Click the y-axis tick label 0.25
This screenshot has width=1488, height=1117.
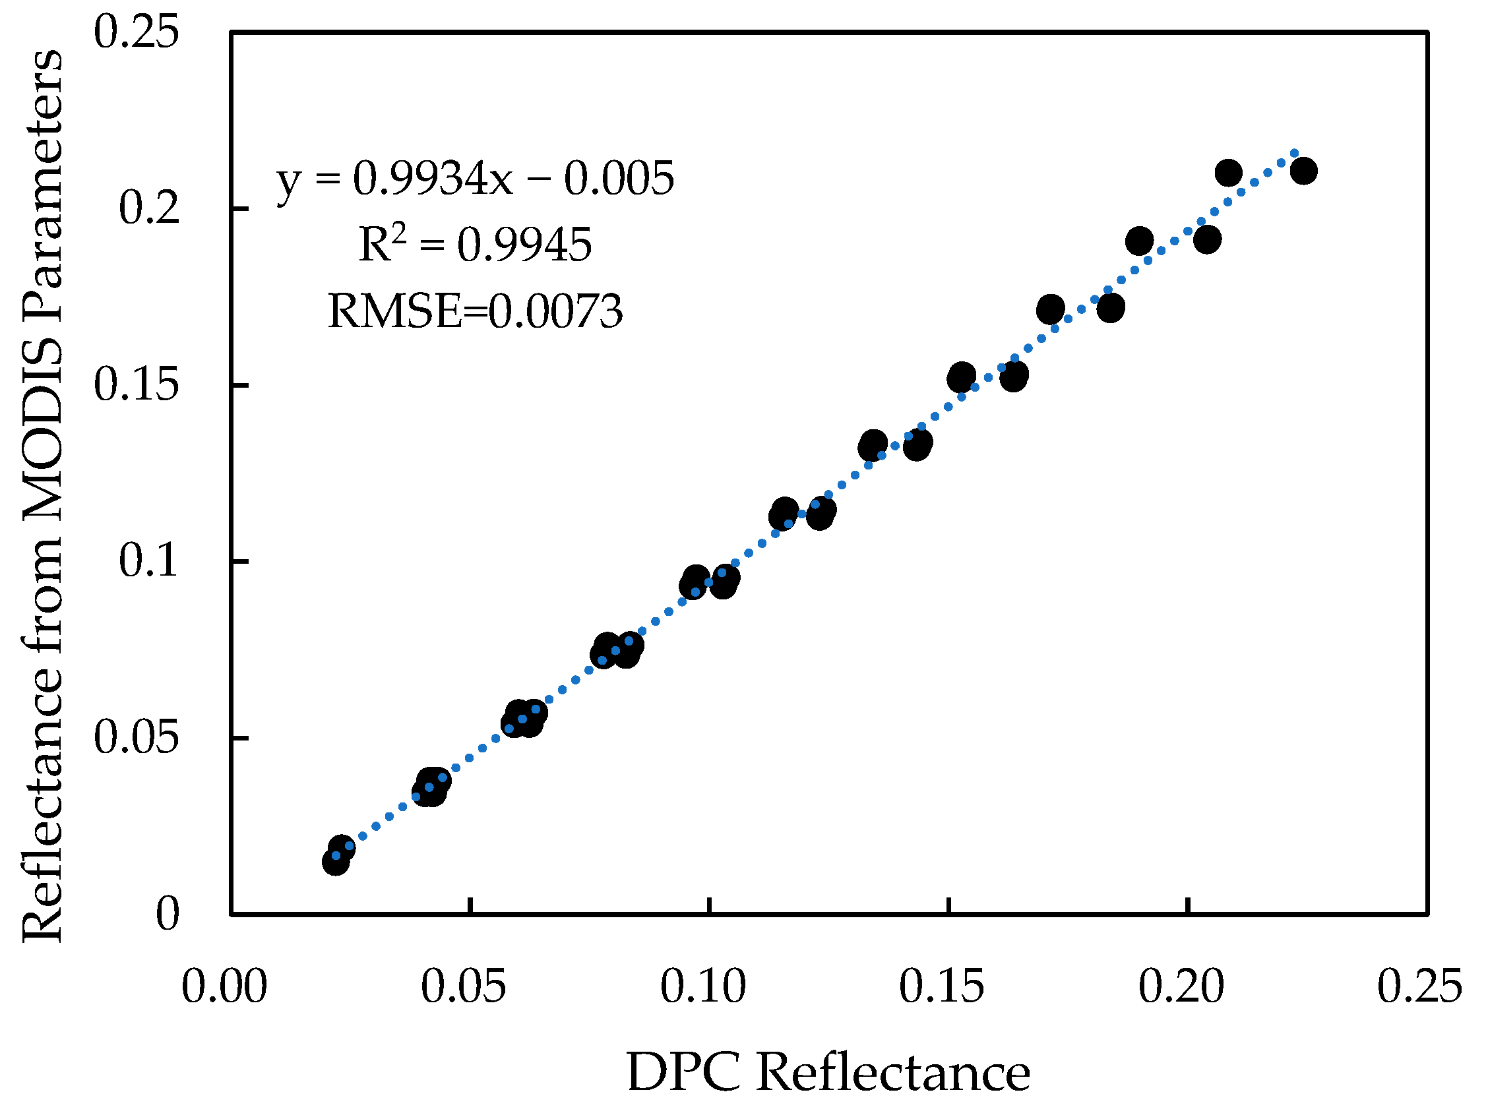136,32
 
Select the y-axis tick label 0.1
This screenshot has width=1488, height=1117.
149,560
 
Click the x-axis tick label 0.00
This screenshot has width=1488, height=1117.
224,987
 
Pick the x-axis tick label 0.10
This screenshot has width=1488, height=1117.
702,987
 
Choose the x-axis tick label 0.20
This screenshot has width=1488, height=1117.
1181,987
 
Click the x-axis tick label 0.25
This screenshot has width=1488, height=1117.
1419,987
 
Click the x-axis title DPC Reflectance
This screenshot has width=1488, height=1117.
828,1072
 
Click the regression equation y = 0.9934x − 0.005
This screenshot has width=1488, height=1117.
475,179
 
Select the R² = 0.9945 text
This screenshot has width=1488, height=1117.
475,244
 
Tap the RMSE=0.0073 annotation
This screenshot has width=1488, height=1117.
475,311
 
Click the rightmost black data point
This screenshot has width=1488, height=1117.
1304,171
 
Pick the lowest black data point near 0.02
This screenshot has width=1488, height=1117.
335,862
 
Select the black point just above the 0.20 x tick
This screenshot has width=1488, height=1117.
1207,239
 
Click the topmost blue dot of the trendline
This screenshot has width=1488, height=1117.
1293,154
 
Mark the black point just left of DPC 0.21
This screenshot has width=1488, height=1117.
1228,173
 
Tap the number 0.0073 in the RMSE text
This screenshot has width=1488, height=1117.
555,311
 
